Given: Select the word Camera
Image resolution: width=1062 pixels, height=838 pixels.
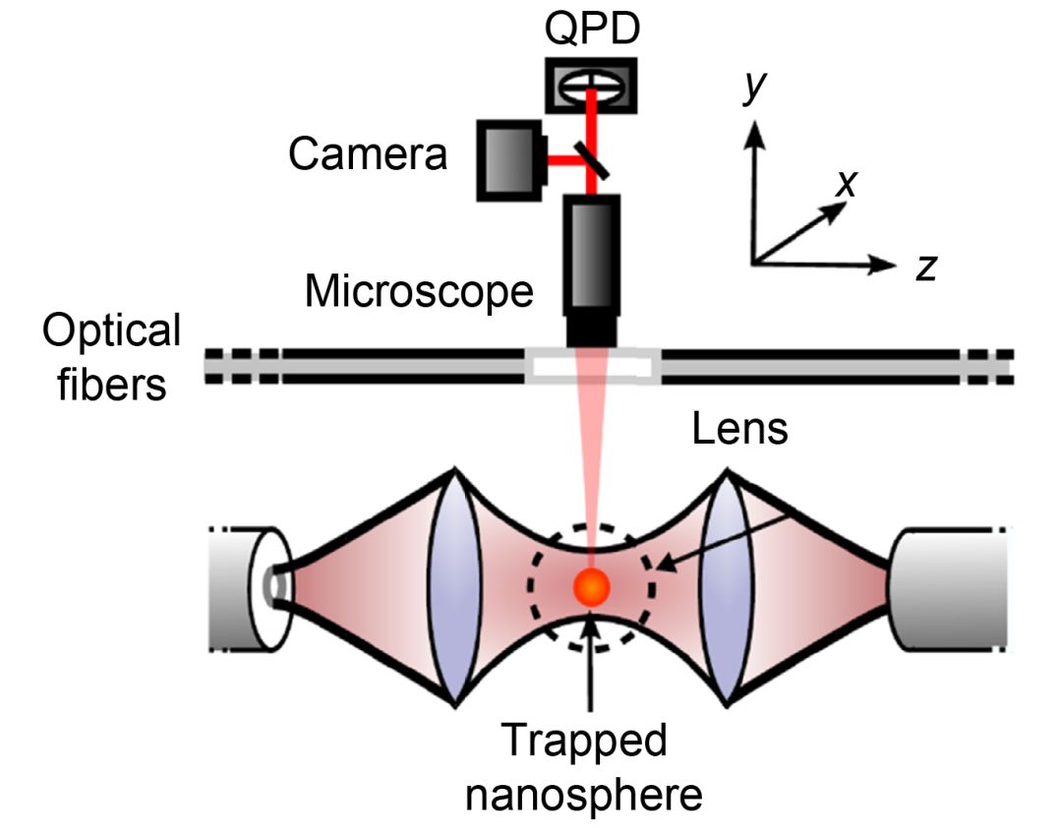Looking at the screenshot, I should [368, 154].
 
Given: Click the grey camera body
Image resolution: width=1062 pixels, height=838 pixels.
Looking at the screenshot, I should [510, 158].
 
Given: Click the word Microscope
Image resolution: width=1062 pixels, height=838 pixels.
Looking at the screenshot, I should [419, 292].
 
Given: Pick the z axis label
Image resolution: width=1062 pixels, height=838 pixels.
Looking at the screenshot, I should [924, 267].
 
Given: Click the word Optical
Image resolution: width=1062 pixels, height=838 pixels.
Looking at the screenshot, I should [111, 331].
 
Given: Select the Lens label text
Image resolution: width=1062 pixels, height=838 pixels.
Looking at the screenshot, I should [739, 429].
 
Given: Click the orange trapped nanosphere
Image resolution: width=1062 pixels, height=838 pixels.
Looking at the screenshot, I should [592, 587].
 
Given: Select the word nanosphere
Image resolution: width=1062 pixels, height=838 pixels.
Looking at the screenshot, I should [584, 793].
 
